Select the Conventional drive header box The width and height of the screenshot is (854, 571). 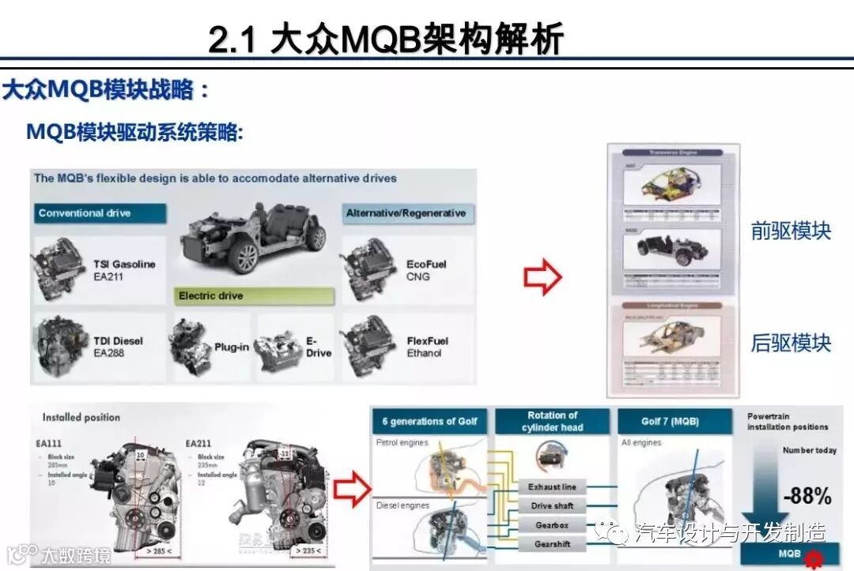coord(100,213)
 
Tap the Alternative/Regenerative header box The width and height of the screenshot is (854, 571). coord(406,213)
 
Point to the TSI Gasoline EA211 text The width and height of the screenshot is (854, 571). coord(123,270)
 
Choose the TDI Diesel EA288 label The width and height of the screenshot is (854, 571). coord(119,347)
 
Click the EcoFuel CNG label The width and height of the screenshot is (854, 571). coord(426,270)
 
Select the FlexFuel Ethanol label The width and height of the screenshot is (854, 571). coord(427,347)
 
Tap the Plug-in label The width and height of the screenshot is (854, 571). coord(232,347)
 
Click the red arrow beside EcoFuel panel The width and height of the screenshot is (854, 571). coord(542,277)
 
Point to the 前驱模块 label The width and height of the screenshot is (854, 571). coord(791,231)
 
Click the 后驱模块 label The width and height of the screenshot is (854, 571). coord(791,344)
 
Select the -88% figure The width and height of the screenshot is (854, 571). coord(807,496)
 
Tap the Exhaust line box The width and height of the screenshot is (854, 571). coord(553,487)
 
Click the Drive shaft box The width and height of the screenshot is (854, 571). coord(553,506)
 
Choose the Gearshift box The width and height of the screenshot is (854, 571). coord(553,544)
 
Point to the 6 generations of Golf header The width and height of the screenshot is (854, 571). coord(429,421)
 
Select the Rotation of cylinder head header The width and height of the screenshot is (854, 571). coord(553,421)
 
